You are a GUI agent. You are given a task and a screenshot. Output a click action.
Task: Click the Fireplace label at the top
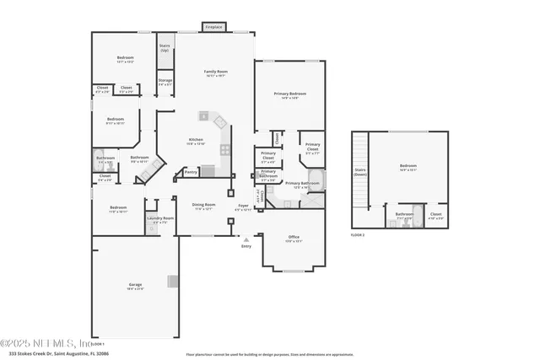214,27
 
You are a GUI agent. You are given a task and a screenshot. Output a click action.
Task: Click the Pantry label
191,172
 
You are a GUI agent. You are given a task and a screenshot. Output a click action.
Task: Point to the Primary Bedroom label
289,94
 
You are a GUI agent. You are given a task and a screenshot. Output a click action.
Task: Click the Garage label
135,285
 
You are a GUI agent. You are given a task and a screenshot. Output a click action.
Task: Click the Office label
293,239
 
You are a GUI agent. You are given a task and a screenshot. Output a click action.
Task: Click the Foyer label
243,205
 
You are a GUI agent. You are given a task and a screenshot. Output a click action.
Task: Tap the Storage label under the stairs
165,81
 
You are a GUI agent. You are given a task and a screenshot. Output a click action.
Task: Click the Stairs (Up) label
165,49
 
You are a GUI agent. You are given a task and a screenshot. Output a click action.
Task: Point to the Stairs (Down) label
360,171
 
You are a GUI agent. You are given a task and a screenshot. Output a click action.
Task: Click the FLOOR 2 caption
359,234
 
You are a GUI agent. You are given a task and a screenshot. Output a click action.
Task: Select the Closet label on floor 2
435,214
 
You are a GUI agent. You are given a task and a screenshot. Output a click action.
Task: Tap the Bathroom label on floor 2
404,213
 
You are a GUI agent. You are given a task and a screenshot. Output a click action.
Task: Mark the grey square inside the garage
173,281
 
